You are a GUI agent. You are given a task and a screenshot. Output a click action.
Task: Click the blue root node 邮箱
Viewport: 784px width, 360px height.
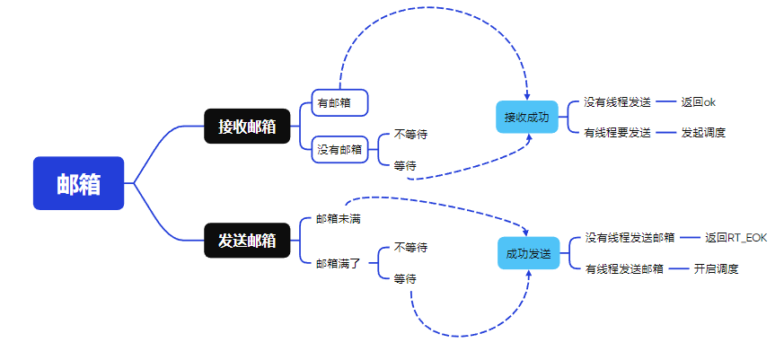(x=78, y=183)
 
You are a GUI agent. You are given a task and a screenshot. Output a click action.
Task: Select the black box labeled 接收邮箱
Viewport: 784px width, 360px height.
(x=247, y=127)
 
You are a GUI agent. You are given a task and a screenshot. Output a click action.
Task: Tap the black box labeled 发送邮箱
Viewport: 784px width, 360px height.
(x=247, y=241)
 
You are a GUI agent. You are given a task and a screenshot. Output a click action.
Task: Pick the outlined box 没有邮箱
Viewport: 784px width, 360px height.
(x=339, y=150)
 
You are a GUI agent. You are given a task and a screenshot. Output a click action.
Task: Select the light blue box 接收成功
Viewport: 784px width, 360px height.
(x=526, y=117)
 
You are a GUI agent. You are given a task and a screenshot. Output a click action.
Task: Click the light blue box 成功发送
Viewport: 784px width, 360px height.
(x=528, y=253)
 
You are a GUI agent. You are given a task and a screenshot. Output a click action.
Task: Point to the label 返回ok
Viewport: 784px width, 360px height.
(x=698, y=102)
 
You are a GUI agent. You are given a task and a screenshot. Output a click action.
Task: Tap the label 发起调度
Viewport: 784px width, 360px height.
(x=702, y=133)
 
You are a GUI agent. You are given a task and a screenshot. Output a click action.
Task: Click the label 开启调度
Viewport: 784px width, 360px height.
(x=716, y=268)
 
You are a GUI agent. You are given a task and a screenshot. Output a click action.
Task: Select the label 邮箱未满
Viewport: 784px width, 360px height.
(x=338, y=218)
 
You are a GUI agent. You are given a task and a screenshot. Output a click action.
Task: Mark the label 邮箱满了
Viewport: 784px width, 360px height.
(x=338, y=264)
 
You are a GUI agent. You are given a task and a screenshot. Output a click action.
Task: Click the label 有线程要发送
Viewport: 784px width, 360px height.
(x=617, y=133)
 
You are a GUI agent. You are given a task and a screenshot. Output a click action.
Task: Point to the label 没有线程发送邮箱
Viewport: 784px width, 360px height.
(x=630, y=238)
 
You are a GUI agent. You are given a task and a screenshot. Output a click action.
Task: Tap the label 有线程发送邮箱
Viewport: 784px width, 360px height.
(x=624, y=268)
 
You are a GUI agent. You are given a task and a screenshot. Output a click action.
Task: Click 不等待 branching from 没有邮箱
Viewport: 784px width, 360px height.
(x=410, y=135)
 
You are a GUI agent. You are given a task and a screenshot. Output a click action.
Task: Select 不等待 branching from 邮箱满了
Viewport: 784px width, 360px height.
(x=410, y=248)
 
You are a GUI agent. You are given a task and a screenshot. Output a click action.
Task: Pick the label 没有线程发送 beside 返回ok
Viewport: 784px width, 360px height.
(x=617, y=102)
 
